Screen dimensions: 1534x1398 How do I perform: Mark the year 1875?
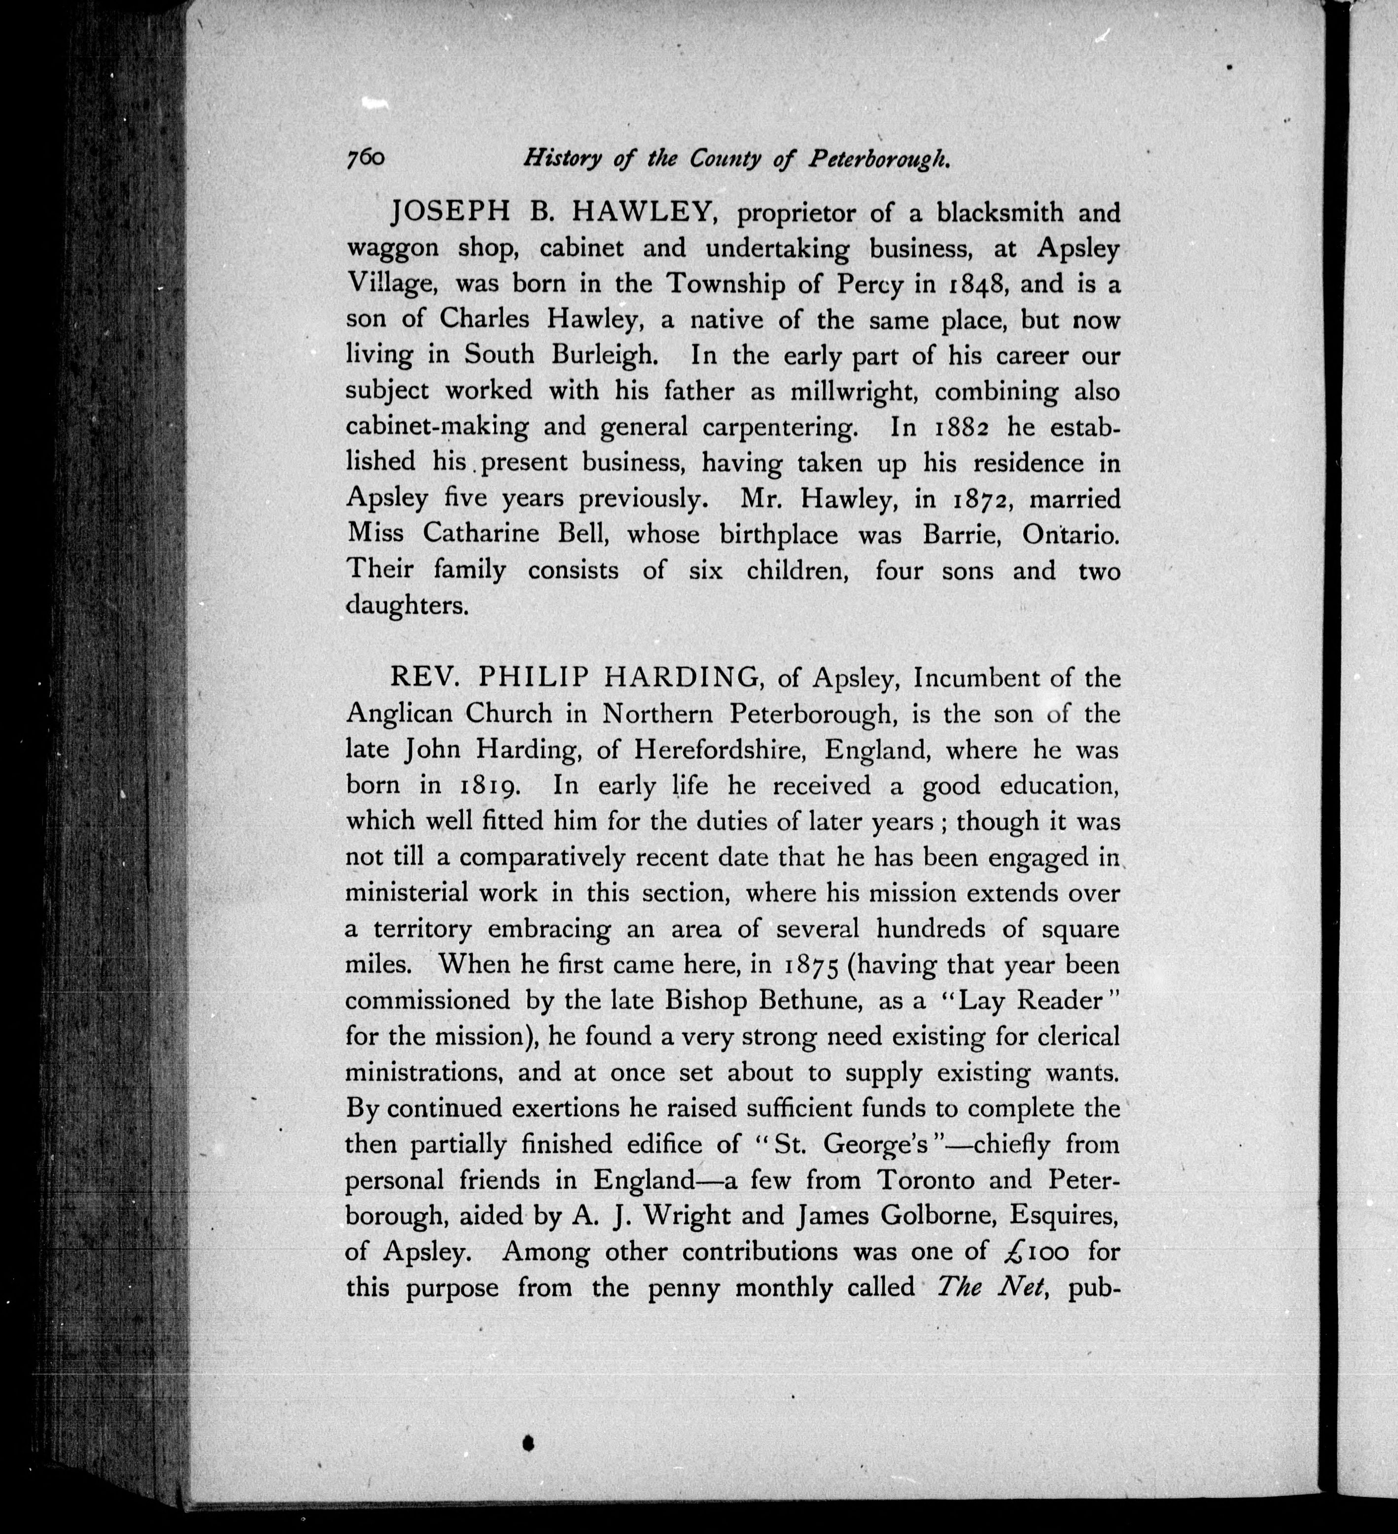811,965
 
